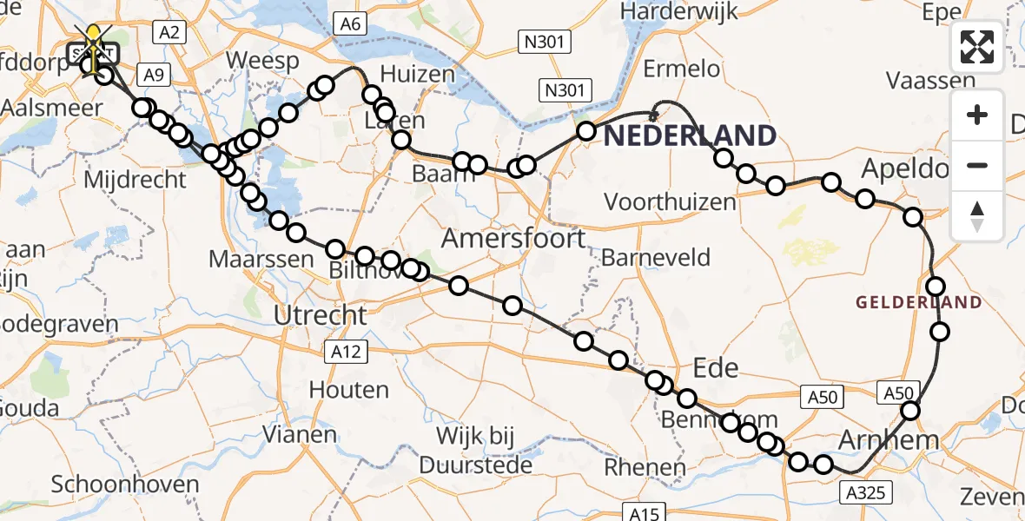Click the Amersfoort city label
[x=514, y=238]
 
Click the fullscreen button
[x=977, y=47]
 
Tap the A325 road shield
[x=864, y=493]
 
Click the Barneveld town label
[x=656, y=258]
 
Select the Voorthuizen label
[x=670, y=202]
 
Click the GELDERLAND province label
[x=919, y=303]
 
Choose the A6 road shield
[x=350, y=23]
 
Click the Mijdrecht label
[x=135, y=180]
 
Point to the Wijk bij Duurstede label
[x=476, y=450]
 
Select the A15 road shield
[x=645, y=513]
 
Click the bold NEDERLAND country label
[x=690, y=135]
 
